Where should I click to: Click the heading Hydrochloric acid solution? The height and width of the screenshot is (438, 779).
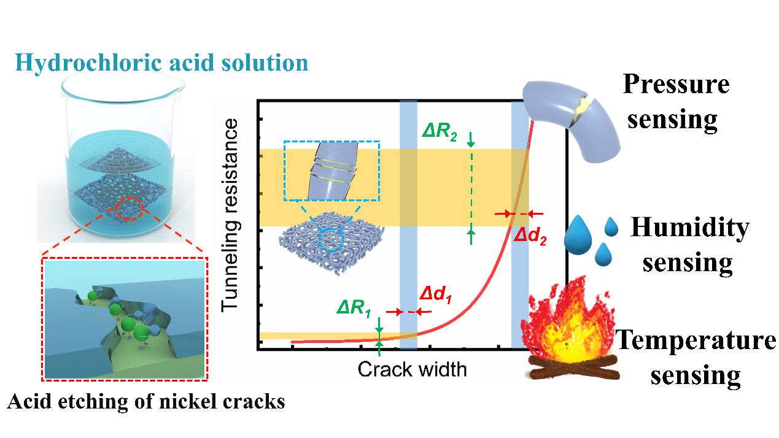(163, 63)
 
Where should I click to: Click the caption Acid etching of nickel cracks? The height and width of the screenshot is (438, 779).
(146, 402)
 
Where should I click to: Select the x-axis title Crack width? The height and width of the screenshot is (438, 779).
(412, 369)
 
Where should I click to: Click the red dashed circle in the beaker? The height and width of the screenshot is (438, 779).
(128, 210)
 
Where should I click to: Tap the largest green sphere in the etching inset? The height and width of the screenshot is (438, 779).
(141, 334)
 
